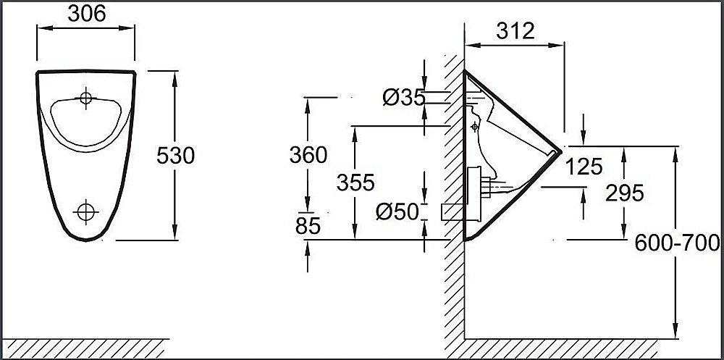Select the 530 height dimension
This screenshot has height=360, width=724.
click(x=176, y=155)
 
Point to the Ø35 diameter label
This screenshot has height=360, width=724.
click(x=403, y=96)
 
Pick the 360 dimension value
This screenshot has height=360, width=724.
click(x=308, y=154)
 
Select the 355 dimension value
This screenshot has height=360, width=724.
click(x=355, y=183)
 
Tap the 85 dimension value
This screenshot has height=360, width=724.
click(x=308, y=227)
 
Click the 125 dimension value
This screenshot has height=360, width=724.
click(x=584, y=167)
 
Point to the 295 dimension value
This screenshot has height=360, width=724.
click(x=624, y=193)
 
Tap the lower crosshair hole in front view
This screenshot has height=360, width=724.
click(x=86, y=211)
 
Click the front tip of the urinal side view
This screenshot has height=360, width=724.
click(x=560, y=150)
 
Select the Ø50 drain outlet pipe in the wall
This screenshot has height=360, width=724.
click(x=451, y=211)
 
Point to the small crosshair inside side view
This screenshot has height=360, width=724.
click(x=474, y=127)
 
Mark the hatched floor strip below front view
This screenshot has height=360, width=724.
click(x=84, y=348)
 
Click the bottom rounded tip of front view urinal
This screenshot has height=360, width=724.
click(x=85, y=238)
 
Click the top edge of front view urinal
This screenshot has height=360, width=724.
click(x=85, y=70)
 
